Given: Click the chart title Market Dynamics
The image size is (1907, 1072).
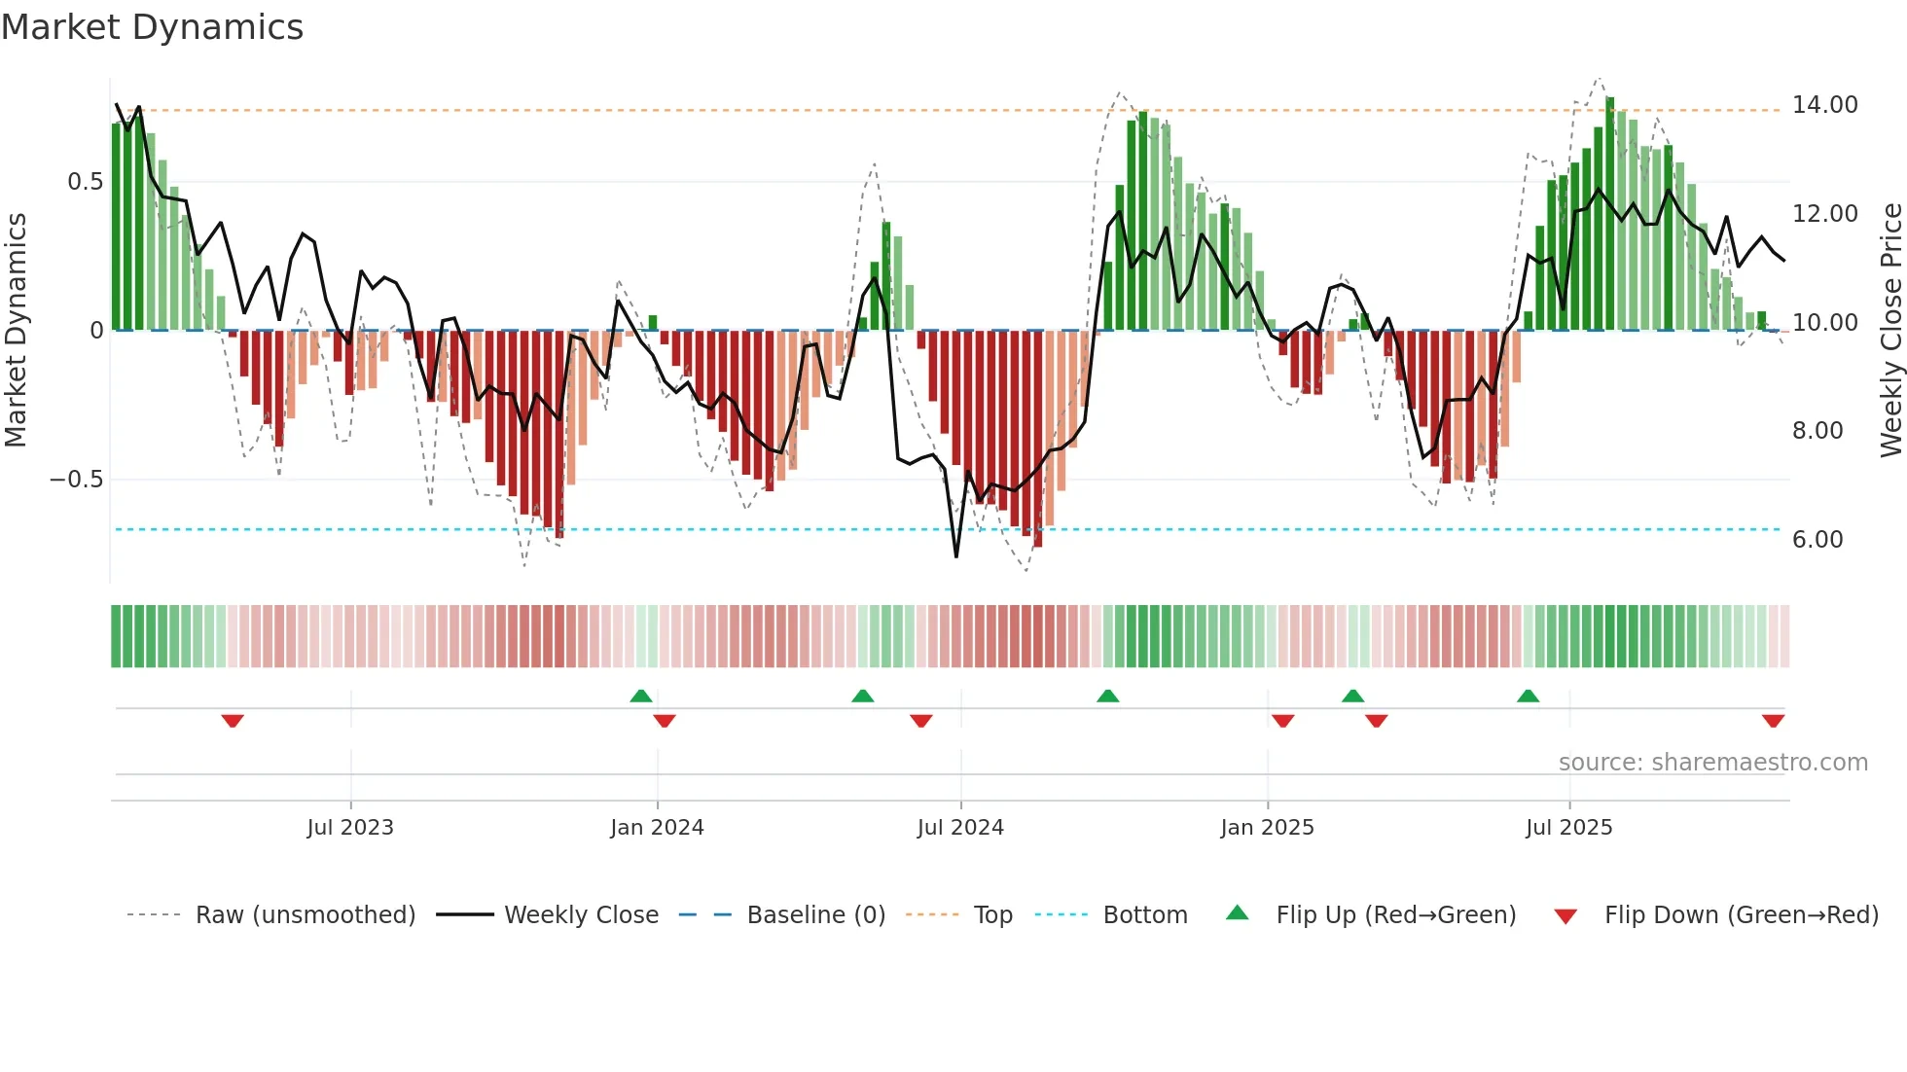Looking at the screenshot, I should (152, 27).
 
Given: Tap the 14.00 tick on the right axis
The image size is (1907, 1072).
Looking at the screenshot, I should (1824, 105).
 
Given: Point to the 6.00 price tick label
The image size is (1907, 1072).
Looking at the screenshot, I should (1817, 540).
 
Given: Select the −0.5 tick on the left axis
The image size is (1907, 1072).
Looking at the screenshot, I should (76, 480).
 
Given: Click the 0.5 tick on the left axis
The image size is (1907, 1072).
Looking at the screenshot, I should (85, 182).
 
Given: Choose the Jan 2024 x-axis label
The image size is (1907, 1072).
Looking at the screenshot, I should (657, 828).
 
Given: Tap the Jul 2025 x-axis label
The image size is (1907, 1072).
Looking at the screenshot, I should (1568, 828).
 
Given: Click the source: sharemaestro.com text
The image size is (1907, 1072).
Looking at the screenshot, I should (1712, 763).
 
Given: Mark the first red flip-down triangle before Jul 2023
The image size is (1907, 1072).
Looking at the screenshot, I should (233, 721).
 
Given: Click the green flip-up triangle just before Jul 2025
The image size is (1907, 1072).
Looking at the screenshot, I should (1528, 696).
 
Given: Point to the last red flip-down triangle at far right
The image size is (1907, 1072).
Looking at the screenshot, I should (1773, 721).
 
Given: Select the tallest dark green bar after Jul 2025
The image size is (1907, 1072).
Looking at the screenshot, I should (1610, 214).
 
